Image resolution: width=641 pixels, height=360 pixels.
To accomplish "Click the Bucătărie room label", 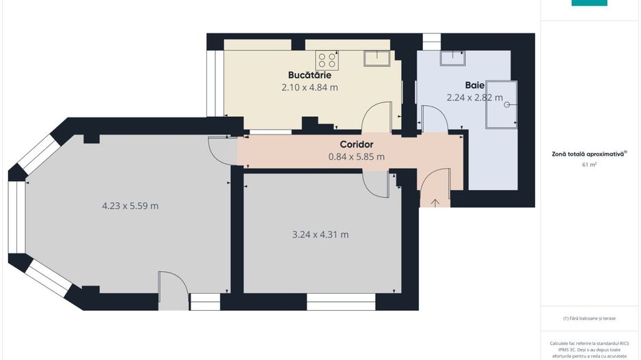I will tap(310, 74).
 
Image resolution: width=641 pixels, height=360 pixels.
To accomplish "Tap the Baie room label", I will tap(474, 85).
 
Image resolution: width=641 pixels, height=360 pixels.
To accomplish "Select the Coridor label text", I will tap(356, 144).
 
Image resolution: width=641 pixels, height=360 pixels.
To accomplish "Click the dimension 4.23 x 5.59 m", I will tap(130, 206).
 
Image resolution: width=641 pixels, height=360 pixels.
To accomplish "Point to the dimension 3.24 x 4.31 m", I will tap(320, 234).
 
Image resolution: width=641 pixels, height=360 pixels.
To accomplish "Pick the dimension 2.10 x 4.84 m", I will tap(310, 87).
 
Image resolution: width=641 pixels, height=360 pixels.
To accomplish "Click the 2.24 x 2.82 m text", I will tap(474, 98).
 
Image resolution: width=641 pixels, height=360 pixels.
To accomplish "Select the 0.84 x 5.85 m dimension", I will tap(356, 156).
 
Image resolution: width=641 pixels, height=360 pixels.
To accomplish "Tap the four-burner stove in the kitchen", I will tap(326, 60).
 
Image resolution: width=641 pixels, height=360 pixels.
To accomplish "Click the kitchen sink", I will tap(377, 59).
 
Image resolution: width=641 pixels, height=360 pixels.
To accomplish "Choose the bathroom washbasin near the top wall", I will tap(452, 58).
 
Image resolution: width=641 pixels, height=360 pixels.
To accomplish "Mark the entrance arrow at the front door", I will tap(436, 202).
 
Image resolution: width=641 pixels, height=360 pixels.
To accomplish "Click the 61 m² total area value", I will tap(589, 165).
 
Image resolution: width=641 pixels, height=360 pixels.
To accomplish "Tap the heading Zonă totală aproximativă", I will tap(589, 154).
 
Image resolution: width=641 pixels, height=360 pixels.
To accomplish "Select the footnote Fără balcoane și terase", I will tap(589, 318).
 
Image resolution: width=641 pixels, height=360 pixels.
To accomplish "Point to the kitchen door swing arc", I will tap(377, 116).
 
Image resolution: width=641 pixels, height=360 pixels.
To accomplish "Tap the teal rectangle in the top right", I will tap(589, 3).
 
